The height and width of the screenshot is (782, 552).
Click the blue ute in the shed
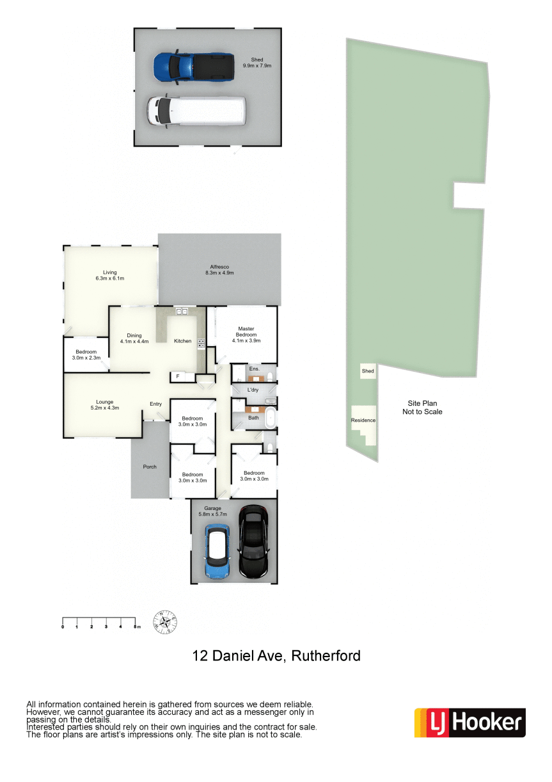click(x=194, y=67)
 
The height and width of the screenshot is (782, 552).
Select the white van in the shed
click(x=196, y=111)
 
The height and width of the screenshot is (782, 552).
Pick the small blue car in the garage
click(x=217, y=551)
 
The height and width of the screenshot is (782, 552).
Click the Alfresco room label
click(x=219, y=269)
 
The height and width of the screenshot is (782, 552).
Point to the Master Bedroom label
click(x=246, y=335)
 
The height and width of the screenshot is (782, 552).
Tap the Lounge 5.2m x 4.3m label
click(x=105, y=404)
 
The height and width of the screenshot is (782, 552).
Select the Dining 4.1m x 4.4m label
click(x=134, y=339)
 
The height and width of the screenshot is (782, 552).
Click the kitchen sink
click(x=182, y=311)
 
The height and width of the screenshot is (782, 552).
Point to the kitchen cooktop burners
click(x=201, y=343)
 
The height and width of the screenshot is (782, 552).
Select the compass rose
click(x=165, y=622)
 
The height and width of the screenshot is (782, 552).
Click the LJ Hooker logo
click(x=469, y=722)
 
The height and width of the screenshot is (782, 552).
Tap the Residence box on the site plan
click(x=363, y=425)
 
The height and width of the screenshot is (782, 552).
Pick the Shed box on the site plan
click(x=368, y=371)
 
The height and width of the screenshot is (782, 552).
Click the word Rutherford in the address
click(x=326, y=656)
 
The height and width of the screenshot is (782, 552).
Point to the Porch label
click(x=150, y=467)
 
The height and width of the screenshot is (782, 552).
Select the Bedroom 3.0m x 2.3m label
click(x=86, y=355)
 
